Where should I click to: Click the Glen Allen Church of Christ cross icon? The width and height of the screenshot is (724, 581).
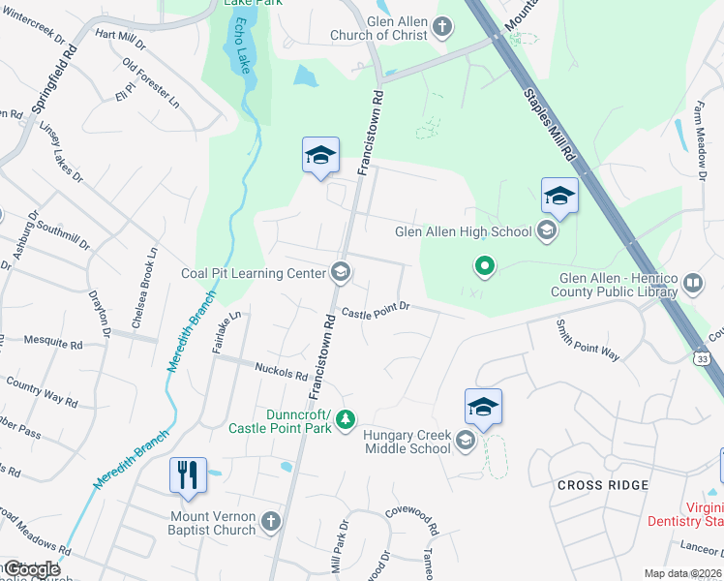(x=442, y=26)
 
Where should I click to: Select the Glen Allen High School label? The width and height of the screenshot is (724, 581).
(x=464, y=231)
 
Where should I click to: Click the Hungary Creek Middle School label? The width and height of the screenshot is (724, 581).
(x=407, y=442)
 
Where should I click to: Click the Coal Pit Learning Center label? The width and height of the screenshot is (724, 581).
(x=254, y=273)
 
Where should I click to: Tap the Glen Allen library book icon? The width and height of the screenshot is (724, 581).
(x=693, y=283)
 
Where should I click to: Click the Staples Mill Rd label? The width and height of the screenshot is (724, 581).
(x=550, y=125)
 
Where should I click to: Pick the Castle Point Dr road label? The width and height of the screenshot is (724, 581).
(x=376, y=310)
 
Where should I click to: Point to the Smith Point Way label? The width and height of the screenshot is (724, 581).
(x=588, y=341)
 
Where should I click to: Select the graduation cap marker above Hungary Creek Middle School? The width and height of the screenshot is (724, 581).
(x=483, y=406)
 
